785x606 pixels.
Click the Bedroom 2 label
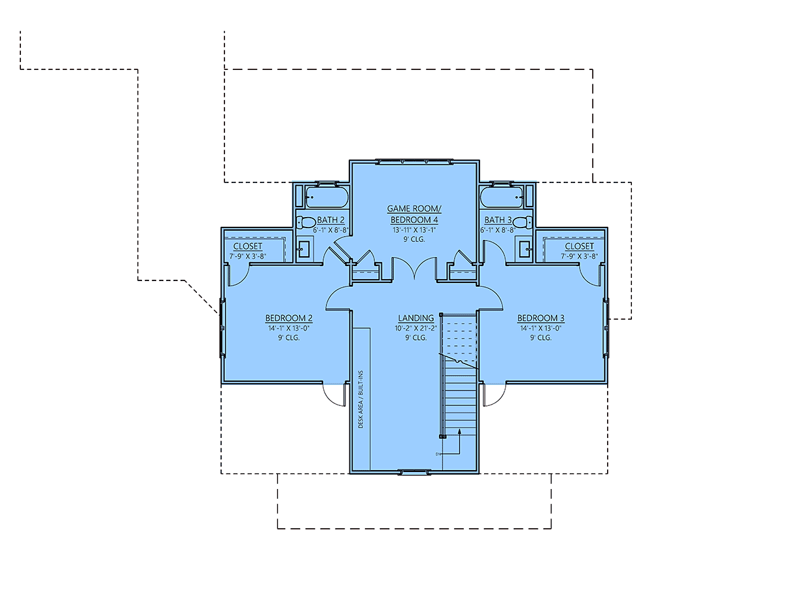(x=288, y=318)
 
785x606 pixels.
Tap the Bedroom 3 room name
(x=540, y=318)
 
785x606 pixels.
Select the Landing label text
(x=416, y=318)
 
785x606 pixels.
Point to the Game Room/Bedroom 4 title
(x=414, y=214)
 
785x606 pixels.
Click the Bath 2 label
(x=330, y=220)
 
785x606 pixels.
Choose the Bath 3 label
(x=498, y=220)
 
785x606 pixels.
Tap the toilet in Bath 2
(x=306, y=222)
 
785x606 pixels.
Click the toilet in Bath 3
(x=523, y=222)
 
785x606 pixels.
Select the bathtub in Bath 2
(x=327, y=197)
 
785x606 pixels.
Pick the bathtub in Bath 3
(x=502, y=197)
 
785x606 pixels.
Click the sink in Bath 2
(x=304, y=249)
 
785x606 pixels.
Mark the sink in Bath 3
(x=525, y=249)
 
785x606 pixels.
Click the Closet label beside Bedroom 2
(x=248, y=246)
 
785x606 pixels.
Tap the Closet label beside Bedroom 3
(x=579, y=246)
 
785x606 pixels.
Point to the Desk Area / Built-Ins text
(x=360, y=399)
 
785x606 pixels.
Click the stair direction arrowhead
(x=459, y=431)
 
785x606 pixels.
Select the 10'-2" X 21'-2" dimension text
(x=416, y=328)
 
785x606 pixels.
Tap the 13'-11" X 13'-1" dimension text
(x=414, y=230)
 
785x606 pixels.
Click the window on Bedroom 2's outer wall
(x=222, y=328)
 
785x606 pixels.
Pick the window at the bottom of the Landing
(x=414, y=472)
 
